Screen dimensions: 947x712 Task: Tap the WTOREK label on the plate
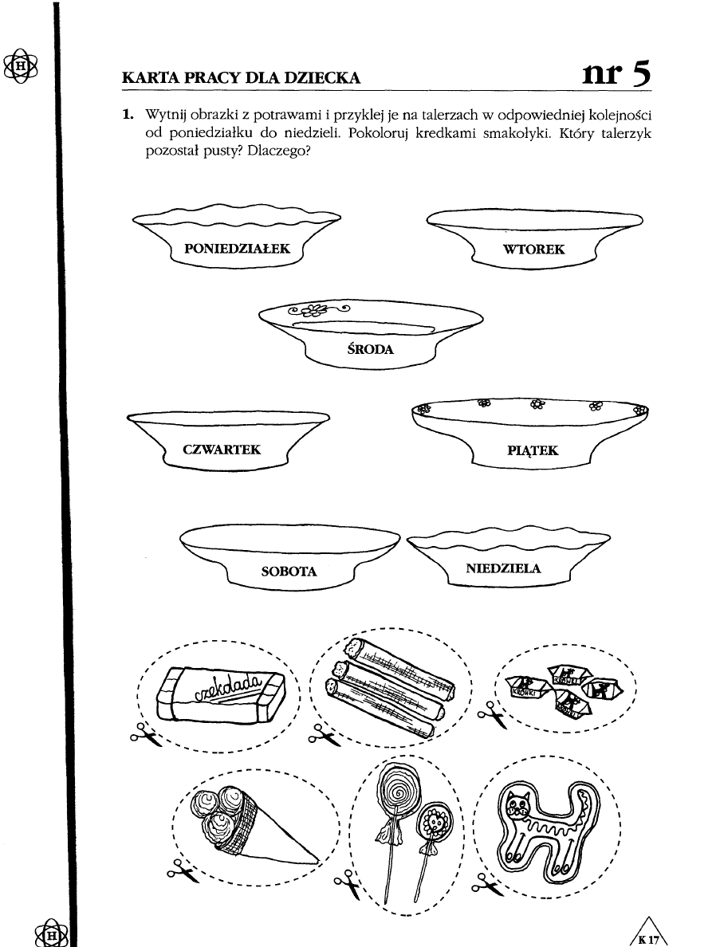[534, 250]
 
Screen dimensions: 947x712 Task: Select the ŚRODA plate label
[372, 349]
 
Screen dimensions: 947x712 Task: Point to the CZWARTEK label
[222, 450]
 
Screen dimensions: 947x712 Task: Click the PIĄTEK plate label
[533, 451]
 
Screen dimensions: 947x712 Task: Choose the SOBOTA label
[289, 572]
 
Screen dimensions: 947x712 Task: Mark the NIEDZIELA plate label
[503, 568]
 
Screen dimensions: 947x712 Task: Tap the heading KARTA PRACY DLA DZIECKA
[241, 78]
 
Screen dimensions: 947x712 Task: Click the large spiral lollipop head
[395, 790]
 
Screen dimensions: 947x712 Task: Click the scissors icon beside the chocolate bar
[144, 733]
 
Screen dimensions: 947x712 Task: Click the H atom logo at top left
[21, 65]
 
